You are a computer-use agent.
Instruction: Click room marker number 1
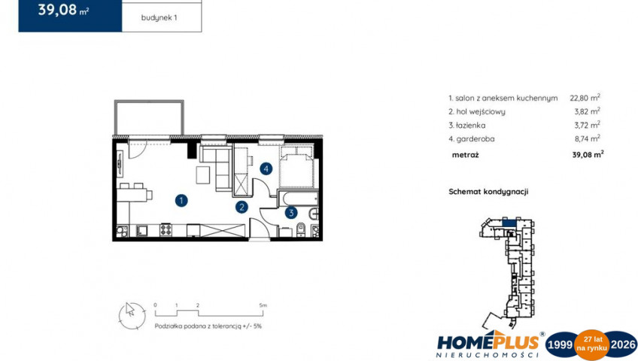click(x=181, y=200)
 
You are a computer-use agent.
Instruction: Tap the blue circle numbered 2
click(x=242, y=207)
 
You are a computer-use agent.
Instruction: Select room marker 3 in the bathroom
click(x=291, y=212)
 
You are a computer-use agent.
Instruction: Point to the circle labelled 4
click(x=266, y=168)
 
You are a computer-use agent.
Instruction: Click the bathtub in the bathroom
click(x=300, y=199)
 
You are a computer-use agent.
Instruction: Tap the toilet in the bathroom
click(x=301, y=228)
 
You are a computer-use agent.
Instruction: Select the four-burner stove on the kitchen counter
click(x=166, y=230)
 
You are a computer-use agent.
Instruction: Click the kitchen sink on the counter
click(x=142, y=230)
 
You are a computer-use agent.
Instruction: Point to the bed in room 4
click(x=296, y=167)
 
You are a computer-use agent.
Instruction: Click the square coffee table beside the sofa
click(x=203, y=174)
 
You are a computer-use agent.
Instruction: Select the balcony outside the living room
click(x=149, y=117)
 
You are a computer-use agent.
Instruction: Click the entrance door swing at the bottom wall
click(x=259, y=229)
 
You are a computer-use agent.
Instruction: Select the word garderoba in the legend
click(x=475, y=139)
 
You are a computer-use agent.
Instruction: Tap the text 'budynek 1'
click(x=159, y=18)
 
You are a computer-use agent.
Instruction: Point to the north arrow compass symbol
click(x=132, y=315)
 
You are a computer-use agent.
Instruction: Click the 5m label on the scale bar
click(x=263, y=305)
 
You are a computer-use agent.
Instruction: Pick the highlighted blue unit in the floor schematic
click(x=509, y=223)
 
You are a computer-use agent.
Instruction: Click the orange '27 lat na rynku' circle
click(x=591, y=345)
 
